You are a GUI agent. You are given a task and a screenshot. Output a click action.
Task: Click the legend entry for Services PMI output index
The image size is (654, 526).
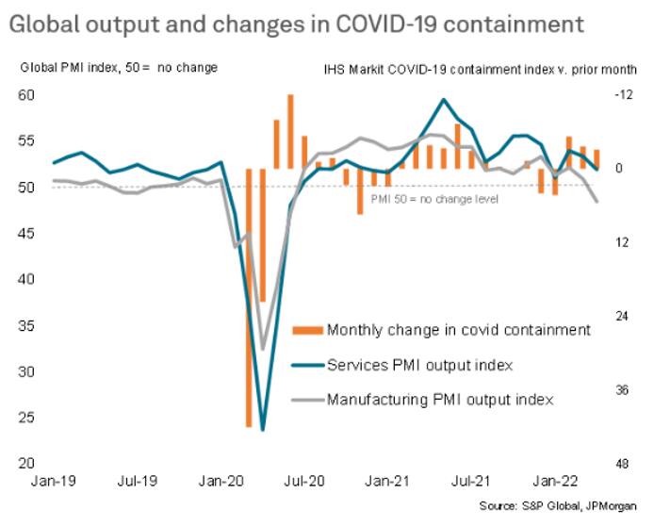point(419,364)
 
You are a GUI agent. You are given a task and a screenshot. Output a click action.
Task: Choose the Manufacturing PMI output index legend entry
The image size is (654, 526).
point(439,399)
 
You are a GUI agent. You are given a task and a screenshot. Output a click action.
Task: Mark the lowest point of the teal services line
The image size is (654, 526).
point(263,429)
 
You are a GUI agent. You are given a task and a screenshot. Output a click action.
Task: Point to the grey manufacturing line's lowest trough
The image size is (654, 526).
point(263,337)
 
